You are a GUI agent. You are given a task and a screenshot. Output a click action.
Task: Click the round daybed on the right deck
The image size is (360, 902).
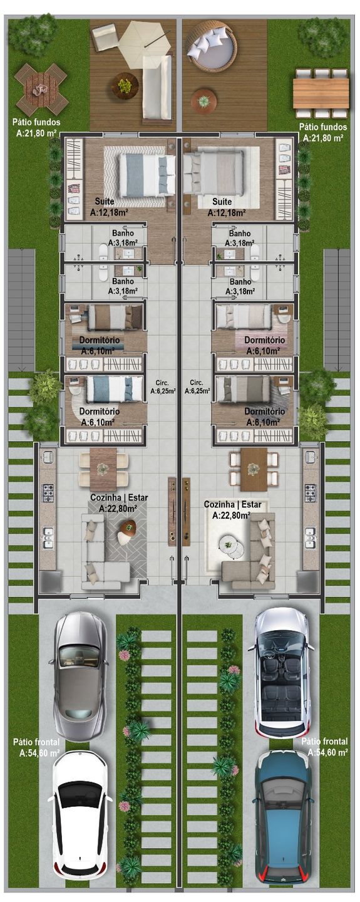(x=212, y=45)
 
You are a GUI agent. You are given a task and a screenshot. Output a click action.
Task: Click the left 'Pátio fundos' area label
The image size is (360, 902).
(x=36, y=128)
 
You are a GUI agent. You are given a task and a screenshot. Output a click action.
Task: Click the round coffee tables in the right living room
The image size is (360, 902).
(x=232, y=547)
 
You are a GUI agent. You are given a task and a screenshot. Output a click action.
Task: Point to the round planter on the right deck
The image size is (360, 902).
(x=204, y=100)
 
